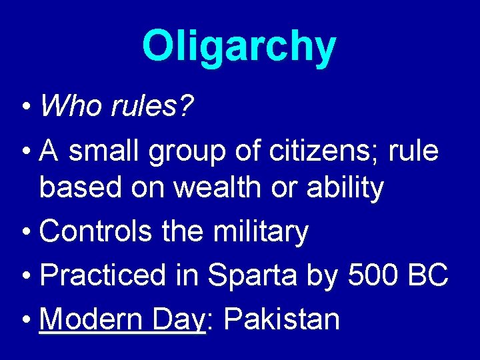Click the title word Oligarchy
click(x=239, y=47)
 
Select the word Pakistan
click(x=282, y=319)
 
